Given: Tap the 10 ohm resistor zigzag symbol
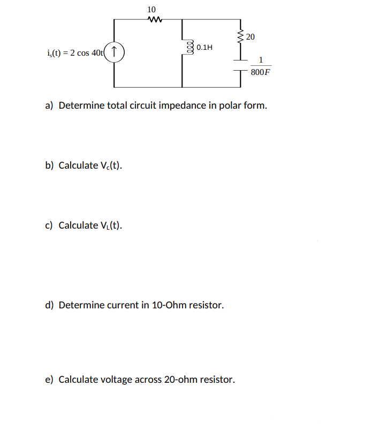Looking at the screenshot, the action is pos(152,21).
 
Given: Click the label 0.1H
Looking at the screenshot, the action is pos(205,48).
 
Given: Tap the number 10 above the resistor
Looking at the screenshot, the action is pos(152,10).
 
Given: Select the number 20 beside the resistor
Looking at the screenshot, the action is pos(251,36).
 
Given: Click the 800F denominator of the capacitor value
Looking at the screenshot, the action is pos(260,72).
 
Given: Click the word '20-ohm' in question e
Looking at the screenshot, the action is pos(180,380).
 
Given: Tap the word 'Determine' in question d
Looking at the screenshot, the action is pos(82,305).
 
